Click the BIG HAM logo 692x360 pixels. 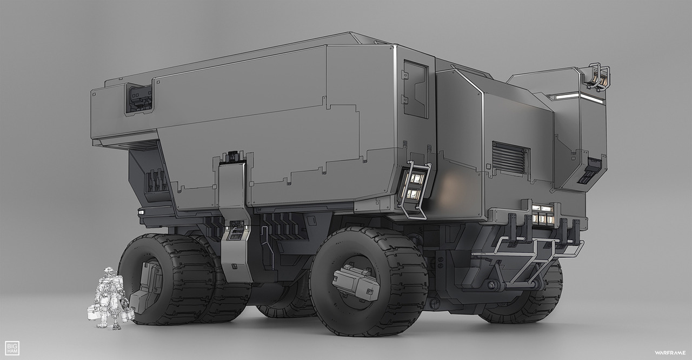[12, 348]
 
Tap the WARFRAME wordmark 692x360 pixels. [669, 352]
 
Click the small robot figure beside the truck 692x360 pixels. [111, 298]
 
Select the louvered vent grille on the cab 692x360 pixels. [511, 157]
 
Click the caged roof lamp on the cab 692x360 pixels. [598, 77]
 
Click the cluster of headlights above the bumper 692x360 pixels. [542, 215]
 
